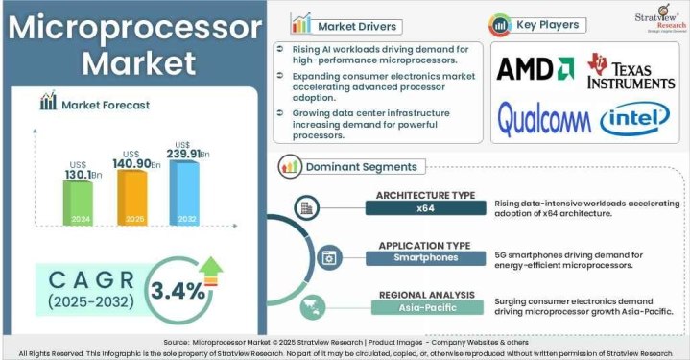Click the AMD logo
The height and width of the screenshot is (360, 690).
pos(535,70)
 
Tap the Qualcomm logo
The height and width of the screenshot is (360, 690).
pos(543,118)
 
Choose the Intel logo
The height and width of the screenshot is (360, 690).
pos(633,120)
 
